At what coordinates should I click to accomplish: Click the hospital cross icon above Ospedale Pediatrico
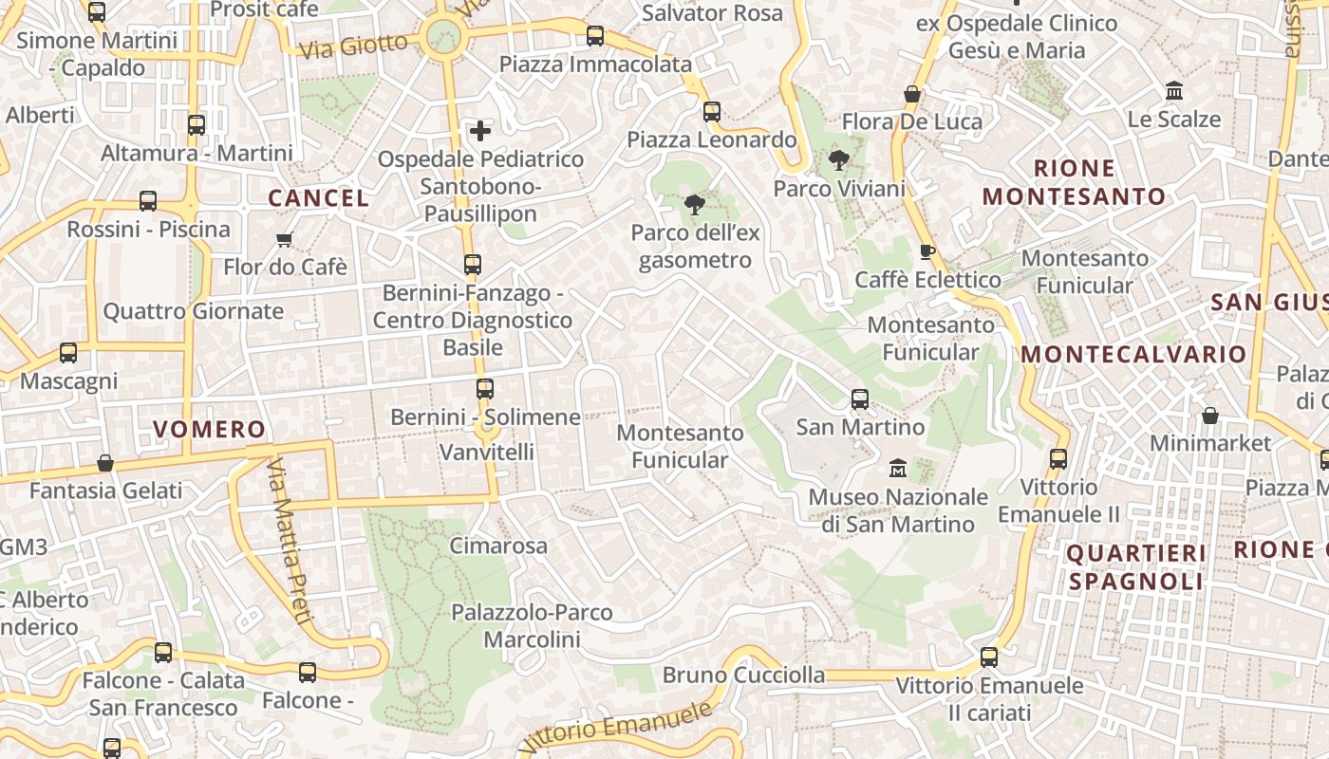481,130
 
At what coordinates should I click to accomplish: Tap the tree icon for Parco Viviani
838,159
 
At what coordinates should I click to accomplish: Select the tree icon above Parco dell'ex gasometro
695,203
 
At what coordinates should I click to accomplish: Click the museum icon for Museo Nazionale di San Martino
897,468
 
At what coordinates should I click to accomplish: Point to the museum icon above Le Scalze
1174,91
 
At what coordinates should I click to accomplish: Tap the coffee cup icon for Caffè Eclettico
927,251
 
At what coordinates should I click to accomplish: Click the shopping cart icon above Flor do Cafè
284,239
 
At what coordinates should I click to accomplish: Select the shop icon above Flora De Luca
911,94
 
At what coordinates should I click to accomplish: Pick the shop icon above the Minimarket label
1209,416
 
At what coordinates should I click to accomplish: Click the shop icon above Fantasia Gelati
105,463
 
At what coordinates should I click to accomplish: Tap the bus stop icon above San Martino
860,398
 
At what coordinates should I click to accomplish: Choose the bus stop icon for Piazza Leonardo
712,112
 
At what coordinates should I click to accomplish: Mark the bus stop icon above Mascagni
68,353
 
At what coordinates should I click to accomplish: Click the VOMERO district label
210,429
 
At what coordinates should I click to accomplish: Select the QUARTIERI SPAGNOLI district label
1136,567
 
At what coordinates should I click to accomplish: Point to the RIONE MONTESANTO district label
1074,183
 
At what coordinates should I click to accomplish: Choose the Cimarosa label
498,546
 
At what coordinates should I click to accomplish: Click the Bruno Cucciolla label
743,675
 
